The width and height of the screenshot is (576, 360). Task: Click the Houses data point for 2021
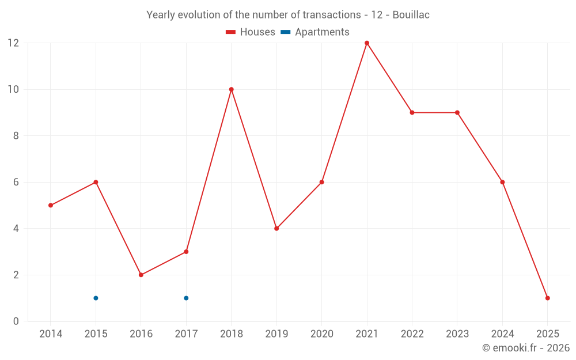point(367,43)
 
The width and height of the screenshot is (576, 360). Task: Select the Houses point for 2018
point(232,89)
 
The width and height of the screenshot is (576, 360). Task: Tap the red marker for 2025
point(547,298)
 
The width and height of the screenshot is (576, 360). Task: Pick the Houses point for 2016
point(141,275)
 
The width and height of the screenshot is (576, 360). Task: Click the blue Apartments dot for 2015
point(96,298)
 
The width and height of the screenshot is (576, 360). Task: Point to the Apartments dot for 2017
point(186,298)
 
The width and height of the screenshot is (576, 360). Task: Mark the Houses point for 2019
point(276,229)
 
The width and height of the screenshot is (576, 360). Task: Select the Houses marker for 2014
point(51,205)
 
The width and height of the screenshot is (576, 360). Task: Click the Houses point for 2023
point(457,112)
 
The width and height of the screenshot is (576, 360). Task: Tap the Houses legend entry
point(251,32)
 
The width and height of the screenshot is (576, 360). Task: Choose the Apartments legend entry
point(315,32)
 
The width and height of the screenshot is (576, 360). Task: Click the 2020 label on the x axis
point(321,334)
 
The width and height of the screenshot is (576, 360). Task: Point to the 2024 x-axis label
point(502,334)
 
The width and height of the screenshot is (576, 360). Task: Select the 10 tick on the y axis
point(13,89)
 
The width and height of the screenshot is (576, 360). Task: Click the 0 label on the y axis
point(16,321)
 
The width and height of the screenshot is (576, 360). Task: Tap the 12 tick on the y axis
point(13,43)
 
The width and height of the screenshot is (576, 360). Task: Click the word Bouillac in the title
point(411,15)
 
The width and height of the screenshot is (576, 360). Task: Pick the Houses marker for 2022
point(412,112)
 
